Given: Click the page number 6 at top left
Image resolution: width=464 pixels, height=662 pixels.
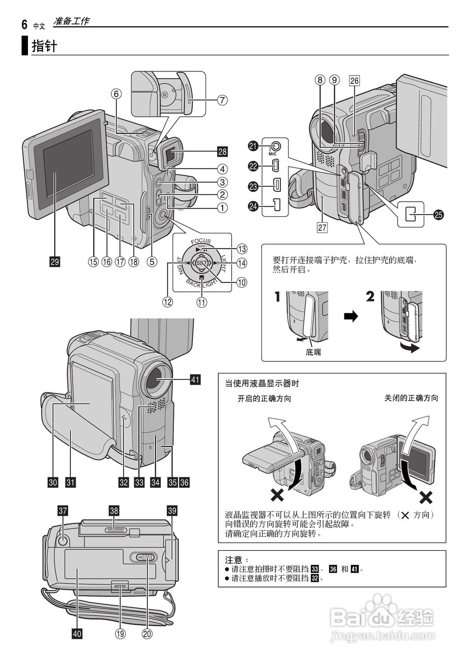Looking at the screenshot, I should [x=24, y=24].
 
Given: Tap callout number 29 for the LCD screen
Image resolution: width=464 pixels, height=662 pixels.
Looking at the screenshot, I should [x=54, y=262].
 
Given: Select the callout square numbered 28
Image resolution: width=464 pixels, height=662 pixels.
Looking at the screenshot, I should [x=222, y=152].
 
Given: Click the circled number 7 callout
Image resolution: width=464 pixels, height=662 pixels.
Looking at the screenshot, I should [x=222, y=100].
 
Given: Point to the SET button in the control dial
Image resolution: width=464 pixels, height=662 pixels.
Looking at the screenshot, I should [x=202, y=263].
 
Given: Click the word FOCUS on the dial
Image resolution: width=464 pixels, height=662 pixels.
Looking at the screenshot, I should [x=201, y=241].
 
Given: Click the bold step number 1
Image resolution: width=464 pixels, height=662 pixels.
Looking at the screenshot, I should [x=278, y=297].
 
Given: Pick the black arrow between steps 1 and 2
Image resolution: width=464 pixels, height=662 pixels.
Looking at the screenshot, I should [x=351, y=318].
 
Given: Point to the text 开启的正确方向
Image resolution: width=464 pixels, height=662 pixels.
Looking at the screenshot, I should [x=264, y=399].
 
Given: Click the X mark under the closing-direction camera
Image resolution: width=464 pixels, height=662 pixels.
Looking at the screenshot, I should [x=425, y=498].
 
